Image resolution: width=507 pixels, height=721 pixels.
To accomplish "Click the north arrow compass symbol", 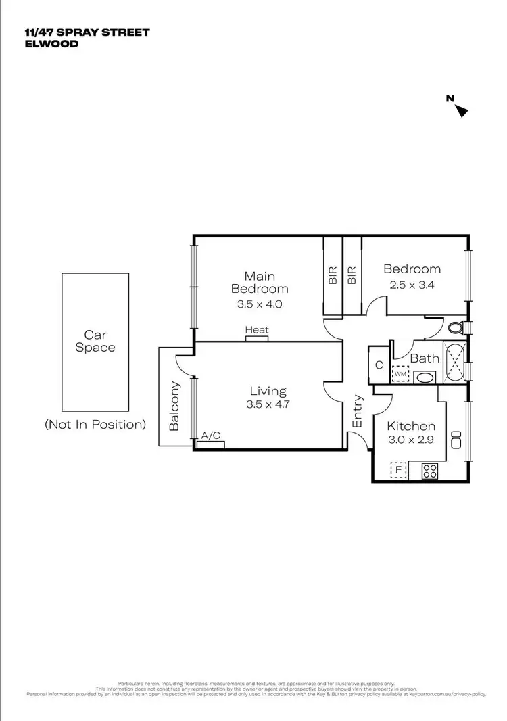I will coord(461,110).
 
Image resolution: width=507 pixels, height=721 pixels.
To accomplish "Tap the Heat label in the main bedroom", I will coord(257,330).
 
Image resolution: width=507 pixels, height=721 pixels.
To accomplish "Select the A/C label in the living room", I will coord(212,436).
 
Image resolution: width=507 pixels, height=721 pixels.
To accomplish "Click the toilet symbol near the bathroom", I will coord(457,328).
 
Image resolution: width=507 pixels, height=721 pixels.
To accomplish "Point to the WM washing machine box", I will coord(400,373).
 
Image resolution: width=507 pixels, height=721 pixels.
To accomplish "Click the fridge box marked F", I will coord(399,469).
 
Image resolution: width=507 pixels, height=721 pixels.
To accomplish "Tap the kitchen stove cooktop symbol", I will coord(430,471).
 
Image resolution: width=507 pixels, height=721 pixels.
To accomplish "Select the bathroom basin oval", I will coord(426,377).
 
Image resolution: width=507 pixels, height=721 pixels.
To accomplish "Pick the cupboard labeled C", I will coord(379,365).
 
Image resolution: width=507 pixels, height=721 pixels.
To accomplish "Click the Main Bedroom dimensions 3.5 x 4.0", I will coord(259,304).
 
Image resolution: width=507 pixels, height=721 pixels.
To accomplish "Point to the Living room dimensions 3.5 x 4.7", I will coord(268,406).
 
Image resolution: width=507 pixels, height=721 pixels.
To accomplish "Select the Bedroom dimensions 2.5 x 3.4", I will coord(412,285).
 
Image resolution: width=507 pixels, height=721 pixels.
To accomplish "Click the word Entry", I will coord(358,411).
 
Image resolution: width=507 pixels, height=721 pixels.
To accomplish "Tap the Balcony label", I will coord(175,406).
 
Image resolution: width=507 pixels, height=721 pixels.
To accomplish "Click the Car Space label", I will coord(95,341).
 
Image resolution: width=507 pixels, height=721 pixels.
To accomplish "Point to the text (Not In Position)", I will coord(95,425).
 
